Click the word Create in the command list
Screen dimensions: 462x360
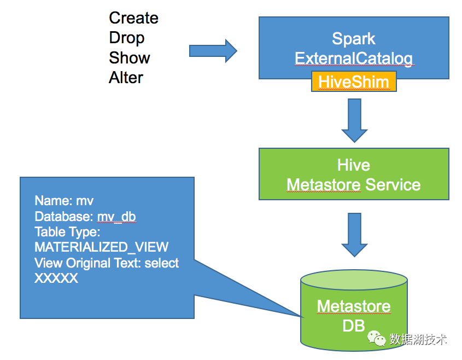(133, 18)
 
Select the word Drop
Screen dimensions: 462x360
(127, 38)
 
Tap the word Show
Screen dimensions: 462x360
(130, 58)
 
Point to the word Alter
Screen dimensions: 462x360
(126, 78)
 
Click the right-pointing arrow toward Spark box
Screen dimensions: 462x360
(213, 51)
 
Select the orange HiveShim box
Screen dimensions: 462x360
(354, 82)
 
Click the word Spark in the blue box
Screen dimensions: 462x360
(354, 39)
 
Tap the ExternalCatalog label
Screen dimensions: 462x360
(354, 59)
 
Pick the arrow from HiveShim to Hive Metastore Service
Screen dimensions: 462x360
(354, 120)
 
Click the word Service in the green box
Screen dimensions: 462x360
(393, 185)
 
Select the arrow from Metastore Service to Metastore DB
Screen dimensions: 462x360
(354, 235)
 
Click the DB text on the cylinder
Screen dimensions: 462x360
(354, 326)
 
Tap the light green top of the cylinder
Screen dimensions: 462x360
(354, 280)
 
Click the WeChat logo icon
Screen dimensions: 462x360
(376, 338)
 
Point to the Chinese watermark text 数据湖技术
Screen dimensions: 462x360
(418, 339)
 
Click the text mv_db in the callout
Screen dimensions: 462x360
(116, 217)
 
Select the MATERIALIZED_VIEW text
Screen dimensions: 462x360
(101, 247)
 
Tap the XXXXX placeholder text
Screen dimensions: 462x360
(56, 278)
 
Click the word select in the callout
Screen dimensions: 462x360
(161, 263)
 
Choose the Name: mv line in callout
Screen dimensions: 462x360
(64, 201)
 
